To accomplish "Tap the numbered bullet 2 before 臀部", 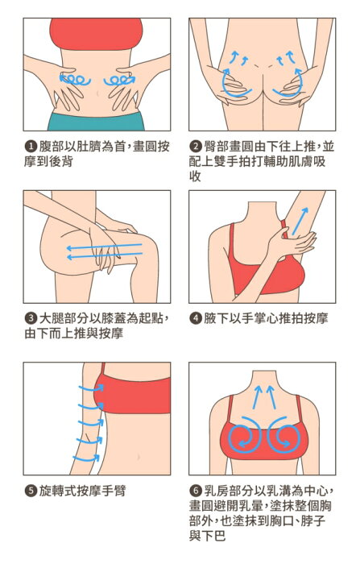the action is pyautogui.click(x=196, y=147).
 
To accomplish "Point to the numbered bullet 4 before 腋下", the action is pyautogui.click(x=196, y=318).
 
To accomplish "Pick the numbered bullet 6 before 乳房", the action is pyautogui.click(x=196, y=491).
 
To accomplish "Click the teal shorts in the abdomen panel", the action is pyautogui.click(x=97, y=122).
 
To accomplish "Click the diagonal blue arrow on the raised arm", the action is pyautogui.click(x=300, y=221).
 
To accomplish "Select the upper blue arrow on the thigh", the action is pyautogui.click(x=105, y=247).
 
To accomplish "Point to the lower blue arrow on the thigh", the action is pyautogui.click(x=105, y=255).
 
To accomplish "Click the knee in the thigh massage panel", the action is pyautogui.click(x=147, y=248).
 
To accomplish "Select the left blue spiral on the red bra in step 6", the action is pyautogui.click(x=245, y=434).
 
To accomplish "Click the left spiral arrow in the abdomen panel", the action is pyautogui.click(x=74, y=80).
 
